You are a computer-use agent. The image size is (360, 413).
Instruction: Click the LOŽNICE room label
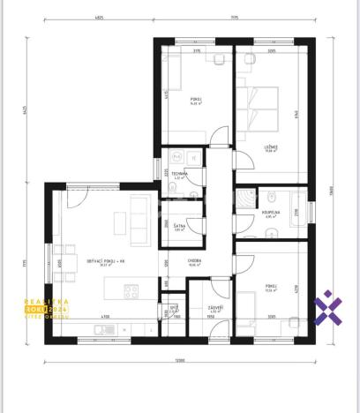pos(271,146)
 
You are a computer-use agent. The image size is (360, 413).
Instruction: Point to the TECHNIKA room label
pos(179,174)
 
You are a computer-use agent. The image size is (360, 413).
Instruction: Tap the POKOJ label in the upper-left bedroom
pos(196,100)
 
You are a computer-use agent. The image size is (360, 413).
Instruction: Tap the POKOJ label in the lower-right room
pos(271,286)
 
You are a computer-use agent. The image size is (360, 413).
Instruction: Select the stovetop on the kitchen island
pos(131,289)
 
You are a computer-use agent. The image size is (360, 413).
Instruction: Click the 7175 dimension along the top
pos(235,16)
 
